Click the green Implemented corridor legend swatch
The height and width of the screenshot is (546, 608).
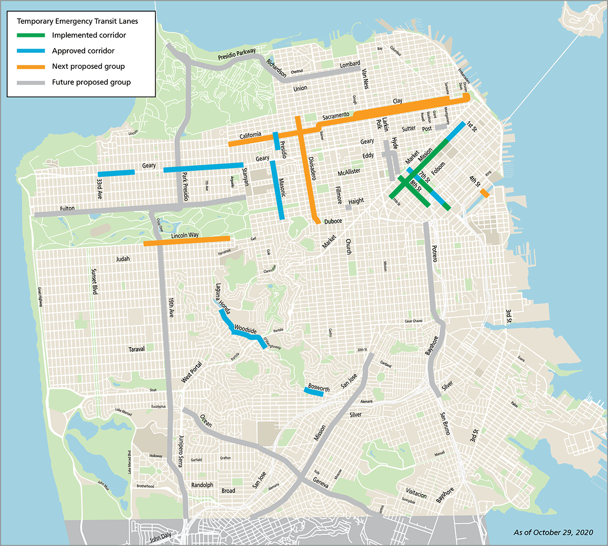coord(31,35)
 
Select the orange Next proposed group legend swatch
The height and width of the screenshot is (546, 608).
coord(31,67)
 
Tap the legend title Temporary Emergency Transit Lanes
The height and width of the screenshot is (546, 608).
coord(77,21)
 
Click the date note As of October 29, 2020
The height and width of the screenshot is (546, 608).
coord(553,532)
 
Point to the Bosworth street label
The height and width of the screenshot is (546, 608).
coord(319,388)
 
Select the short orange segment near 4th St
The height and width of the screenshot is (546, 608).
coord(484,193)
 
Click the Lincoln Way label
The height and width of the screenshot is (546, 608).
coord(185,236)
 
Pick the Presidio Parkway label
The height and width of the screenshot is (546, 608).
coord(237,54)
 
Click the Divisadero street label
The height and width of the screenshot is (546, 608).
coord(312,168)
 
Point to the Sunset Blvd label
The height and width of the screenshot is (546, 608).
coord(94,282)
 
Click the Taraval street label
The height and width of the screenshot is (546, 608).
coord(136,349)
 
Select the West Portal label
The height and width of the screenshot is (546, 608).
coord(192,372)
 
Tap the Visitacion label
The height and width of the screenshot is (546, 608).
coord(416,493)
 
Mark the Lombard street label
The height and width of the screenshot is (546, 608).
coord(350,64)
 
